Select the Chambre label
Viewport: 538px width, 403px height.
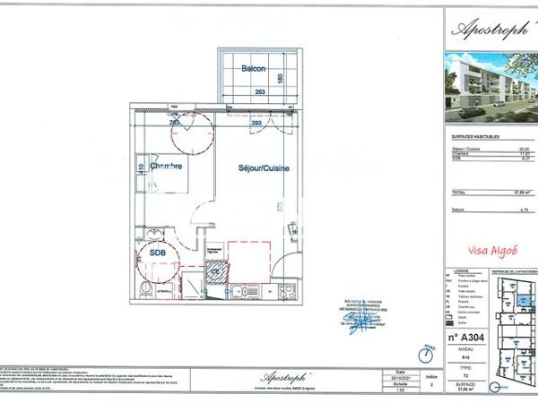click(167, 166)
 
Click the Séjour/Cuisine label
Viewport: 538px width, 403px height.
click(263, 167)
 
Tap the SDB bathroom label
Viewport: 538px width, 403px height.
click(158, 253)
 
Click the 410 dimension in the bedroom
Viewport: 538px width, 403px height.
click(142, 166)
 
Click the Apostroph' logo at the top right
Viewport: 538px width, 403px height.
click(489, 28)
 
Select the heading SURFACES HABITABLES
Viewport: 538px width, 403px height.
click(469, 138)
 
